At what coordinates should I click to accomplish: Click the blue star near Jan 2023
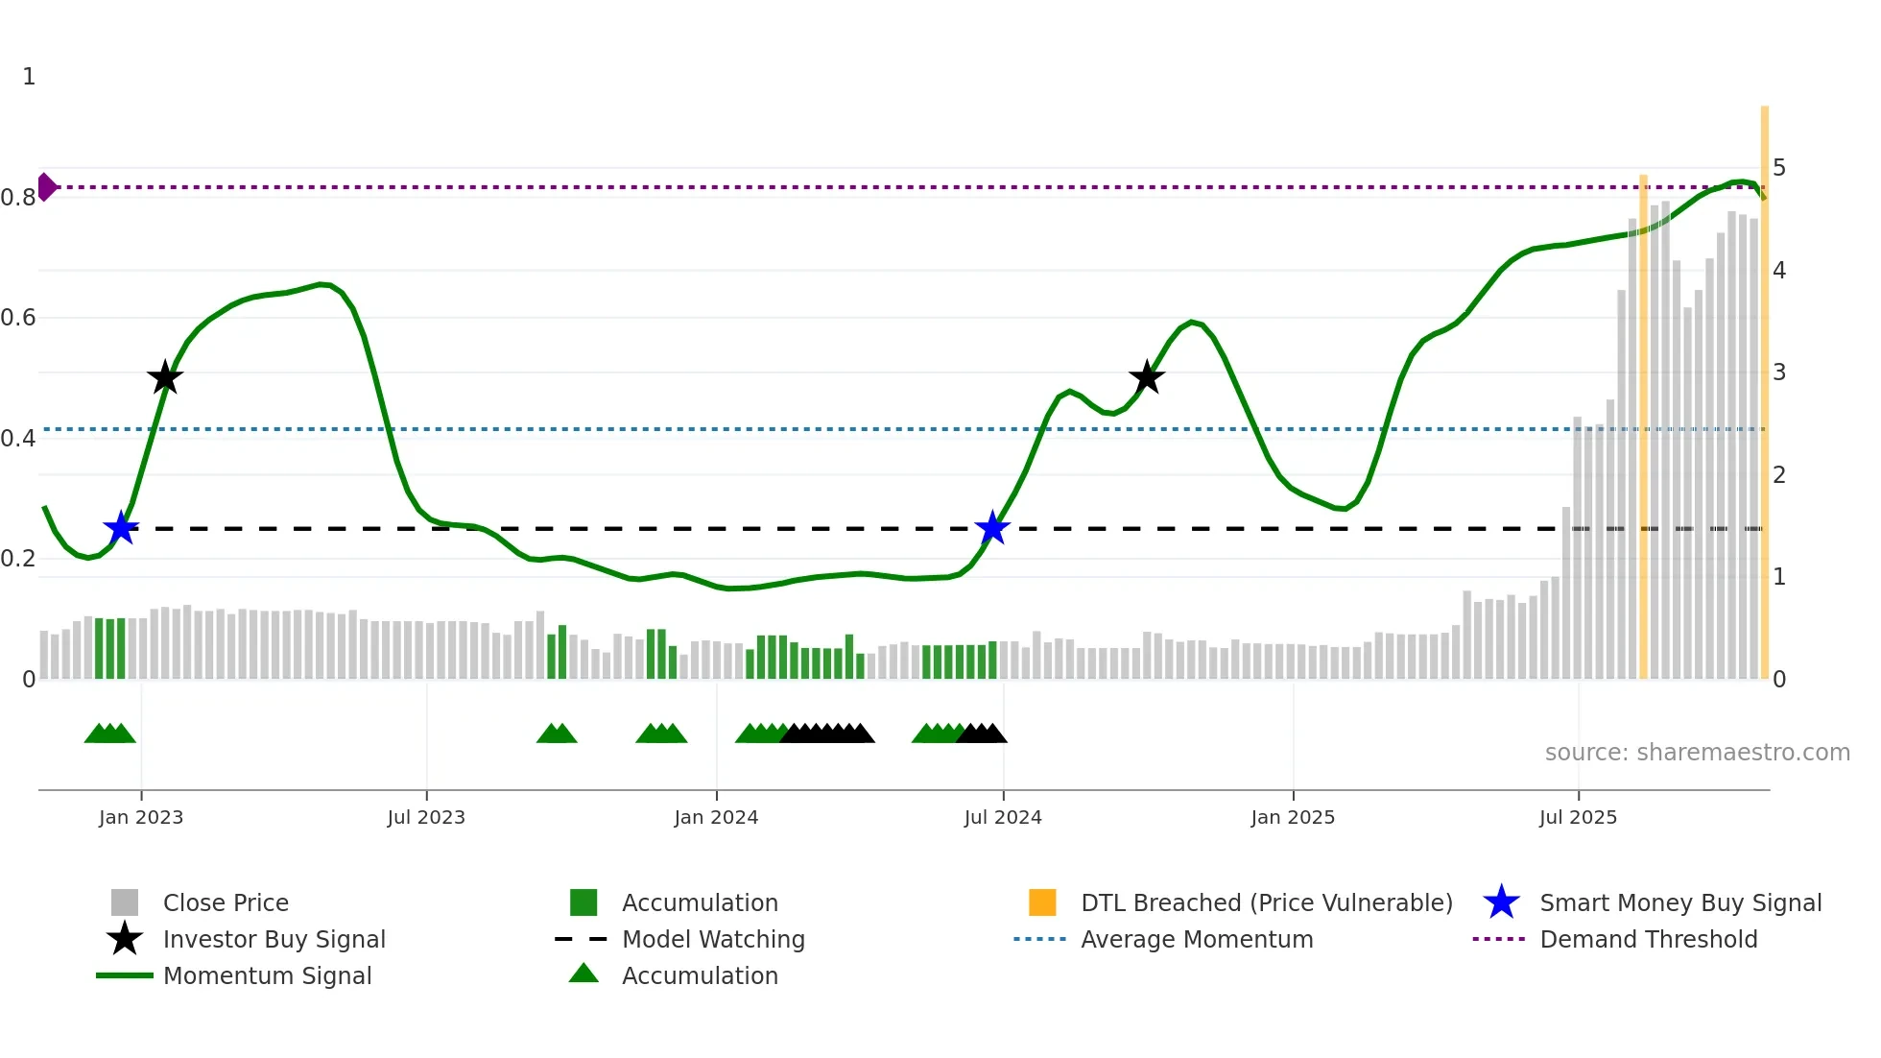pyautogui.click(x=121, y=528)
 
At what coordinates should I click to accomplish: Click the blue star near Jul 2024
pyautogui.click(x=992, y=528)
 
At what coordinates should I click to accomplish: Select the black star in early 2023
pyautogui.click(x=165, y=377)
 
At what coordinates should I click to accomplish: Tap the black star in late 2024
pyautogui.click(x=1147, y=377)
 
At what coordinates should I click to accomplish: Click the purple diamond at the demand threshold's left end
pyautogui.click(x=46, y=187)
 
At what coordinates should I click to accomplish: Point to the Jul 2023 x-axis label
pyautogui.click(x=426, y=817)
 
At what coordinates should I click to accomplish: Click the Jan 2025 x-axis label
pyautogui.click(x=1293, y=817)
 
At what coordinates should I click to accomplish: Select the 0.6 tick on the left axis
pyautogui.click(x=19, y=318)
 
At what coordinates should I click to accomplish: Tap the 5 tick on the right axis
pyautogui.click(x=1779, y=168)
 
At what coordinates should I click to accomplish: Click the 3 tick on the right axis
pyautogui.click(x=1779, y=373)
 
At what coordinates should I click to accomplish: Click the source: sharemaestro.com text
pyautogui.click(x=1697, y=752)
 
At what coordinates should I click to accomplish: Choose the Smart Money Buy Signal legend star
pyautogui.click(x=1501, y=902)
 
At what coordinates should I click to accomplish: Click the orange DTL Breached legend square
pyautogui.click(x=1042, y=902)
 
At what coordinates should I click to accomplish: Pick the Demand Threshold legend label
pyautogui.click(x=1648, y=939)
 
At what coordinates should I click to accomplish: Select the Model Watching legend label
pyautogui.click(x=713, y=939)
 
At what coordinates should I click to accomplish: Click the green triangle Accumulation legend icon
pyautogui.click(x=583, y=974)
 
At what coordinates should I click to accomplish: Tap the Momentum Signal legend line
pyautogui.click(x=125, y=975)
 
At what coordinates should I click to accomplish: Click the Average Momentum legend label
pyautogui.click(x=1197, y=939)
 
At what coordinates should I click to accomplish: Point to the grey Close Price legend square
pyautogui.click(x=125, y=902)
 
